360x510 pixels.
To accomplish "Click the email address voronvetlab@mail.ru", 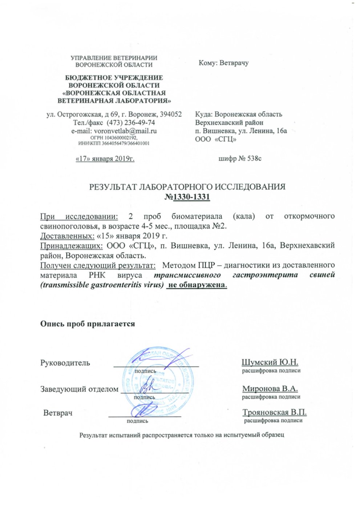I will coord(125,131).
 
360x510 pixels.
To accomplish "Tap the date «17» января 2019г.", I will coord(105,159).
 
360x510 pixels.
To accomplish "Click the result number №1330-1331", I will coord(187,197).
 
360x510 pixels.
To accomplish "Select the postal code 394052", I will coord(169,114).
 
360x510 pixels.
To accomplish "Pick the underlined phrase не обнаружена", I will coord(196,285).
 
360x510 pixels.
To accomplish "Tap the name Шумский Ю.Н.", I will coord(270,362).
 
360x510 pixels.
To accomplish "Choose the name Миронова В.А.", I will coord(270,389).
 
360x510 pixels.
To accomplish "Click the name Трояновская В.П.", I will coord(274,413).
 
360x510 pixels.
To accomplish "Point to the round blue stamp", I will coord(157,382).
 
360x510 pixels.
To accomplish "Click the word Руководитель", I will coord(65,363).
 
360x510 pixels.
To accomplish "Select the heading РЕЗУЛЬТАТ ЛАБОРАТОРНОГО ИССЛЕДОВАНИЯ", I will coord(187,187).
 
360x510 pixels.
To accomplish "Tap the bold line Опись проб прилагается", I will coord(87,324).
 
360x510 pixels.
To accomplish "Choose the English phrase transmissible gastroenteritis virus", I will coord(102,285).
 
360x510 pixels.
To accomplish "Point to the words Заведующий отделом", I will coord(79,389).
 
